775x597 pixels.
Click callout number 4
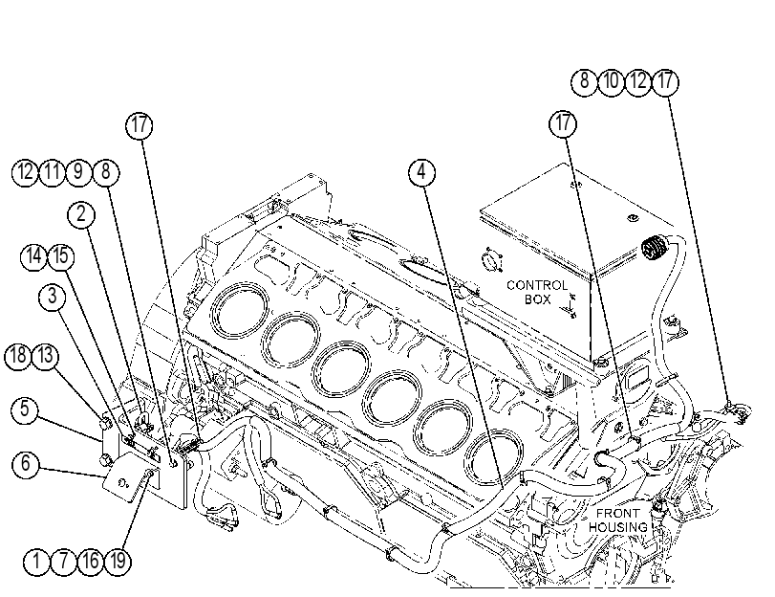(x=421, y=172)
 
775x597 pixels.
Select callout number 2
(x=81, y=214)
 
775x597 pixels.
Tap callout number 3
(x=53, y=297)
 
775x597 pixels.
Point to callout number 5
(x=25, y=409)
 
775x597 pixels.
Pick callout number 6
(x=25, y=464)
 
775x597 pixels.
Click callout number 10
(x=612, y=81)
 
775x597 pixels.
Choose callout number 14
(x=34, y=257)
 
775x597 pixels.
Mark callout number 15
(x=61, y=257)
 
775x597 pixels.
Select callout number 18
(x=18, y=357)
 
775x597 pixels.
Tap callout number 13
(x=46, y=357)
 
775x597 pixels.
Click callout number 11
(x=52, y=173)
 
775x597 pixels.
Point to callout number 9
(x=78, y=173)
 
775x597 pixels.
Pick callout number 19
(x=118, y=562)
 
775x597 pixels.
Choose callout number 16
(x=91, y=562)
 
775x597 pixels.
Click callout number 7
(x=63, y=562)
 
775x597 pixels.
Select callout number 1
(x=36, y=562)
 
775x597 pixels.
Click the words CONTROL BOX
(x=537, y=292)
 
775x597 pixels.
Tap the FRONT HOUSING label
(x=618, y=520)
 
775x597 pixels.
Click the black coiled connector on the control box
(x=654, y=249)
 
